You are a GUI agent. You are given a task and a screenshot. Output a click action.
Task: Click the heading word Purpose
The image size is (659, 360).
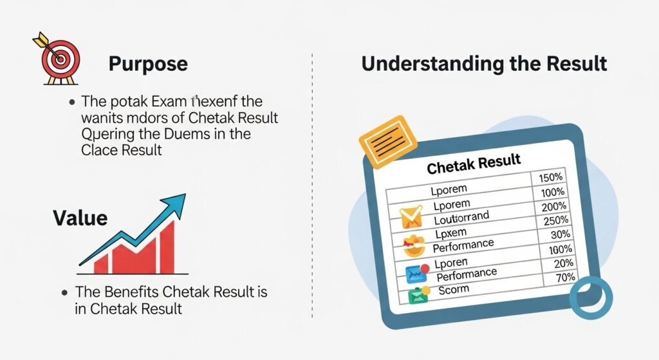148,64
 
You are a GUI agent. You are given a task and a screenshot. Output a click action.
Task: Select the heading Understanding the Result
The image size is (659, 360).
484,64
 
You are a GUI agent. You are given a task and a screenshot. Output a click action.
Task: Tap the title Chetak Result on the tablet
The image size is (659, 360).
474,164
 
